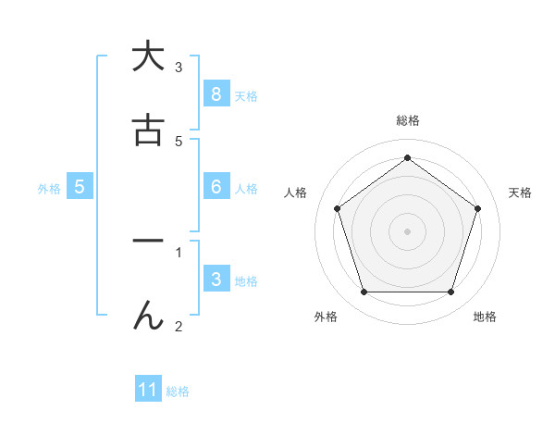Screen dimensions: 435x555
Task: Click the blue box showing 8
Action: pyautogui.click(x=216, y=93)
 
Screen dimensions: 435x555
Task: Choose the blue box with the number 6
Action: pyautogui.click(x=216, y=186)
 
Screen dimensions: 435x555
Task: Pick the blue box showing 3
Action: pyautogui.click(x=216, y=279)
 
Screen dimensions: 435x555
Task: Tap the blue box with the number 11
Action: pyautogui.click(x=148, y=390)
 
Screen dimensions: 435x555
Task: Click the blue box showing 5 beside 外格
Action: pyautogui.click(x=80, y=186)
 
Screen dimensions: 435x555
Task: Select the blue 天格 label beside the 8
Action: pyautogui.click(x=246, y=95)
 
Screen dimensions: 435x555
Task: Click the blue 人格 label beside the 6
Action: pyautogui.click(x=246, y=188)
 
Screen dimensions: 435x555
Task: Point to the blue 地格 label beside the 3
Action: pyautogui.click(x=246, y=280)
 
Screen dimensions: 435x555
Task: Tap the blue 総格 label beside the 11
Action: pyautogui.click(x=178, y=391)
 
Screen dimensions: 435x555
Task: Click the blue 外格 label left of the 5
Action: pyautogui.click(x=49, y=188)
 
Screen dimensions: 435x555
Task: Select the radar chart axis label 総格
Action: pyautogui.click(x=407, y=120)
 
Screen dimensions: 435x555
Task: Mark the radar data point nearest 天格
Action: pyautogui.click(x=477, y=208)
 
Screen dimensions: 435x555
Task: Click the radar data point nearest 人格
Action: pyautogui.click(x=337, y=208)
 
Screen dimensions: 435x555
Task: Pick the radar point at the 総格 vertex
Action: pyautogui.click(x=407, y=157)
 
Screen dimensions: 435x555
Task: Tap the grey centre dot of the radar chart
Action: pyautogui.click(x=407, y=230)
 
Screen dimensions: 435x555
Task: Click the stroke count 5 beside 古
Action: pyautogui.click(x=179, y=141)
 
